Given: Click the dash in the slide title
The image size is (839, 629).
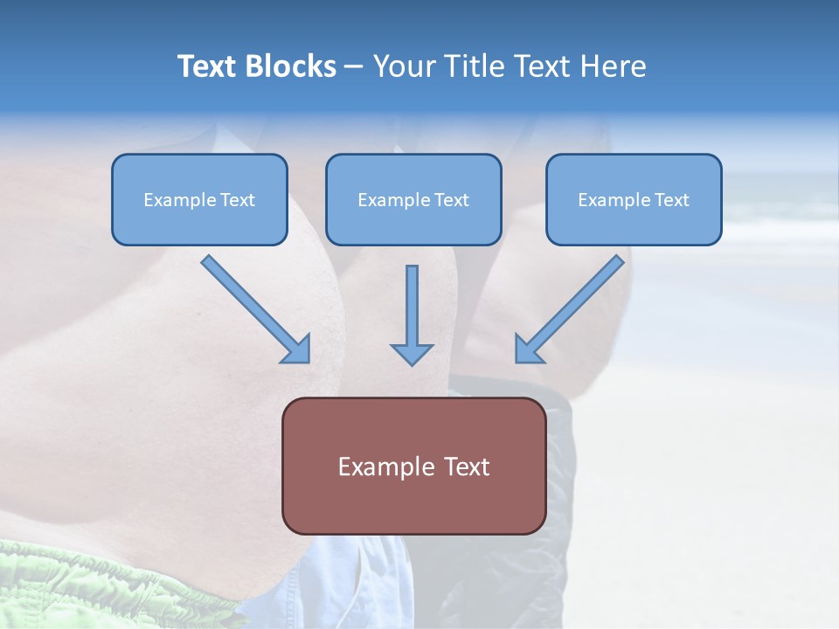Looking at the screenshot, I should [354, 67].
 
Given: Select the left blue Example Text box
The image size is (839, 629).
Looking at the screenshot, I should [199, 199].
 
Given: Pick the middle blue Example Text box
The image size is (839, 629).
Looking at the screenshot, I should [413, 199].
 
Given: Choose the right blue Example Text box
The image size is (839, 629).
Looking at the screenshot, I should [634, 199].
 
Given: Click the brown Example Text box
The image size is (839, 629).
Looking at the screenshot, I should [413, 466].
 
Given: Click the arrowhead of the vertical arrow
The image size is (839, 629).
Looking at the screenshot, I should [412, 353].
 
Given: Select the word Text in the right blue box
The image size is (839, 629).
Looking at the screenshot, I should [671, 200].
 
